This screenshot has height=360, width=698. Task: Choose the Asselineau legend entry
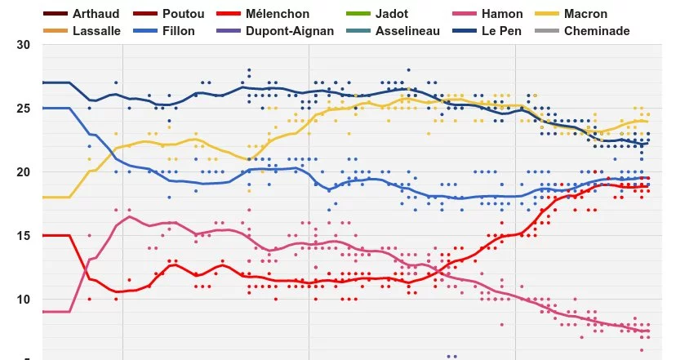point(407,30)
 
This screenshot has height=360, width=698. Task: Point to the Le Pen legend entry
point(503,30)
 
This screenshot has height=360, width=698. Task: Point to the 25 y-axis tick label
point(24,108)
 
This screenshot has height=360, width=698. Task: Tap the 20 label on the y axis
point(24,171)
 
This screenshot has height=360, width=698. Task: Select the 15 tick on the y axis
point(24,235)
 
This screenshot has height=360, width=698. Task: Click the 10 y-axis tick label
point(24,299)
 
